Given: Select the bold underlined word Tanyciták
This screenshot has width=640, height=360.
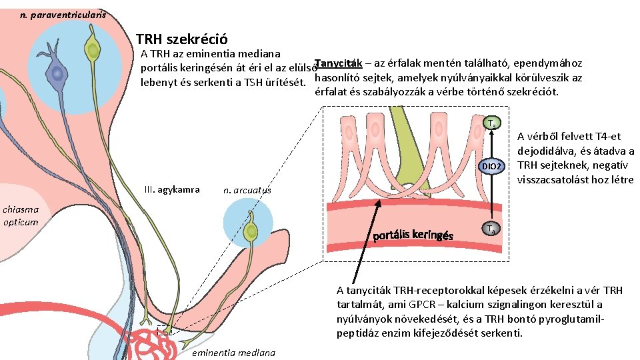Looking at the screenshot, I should (x=337, y=63).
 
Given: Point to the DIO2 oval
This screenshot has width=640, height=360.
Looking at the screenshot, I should (x=493, y=164).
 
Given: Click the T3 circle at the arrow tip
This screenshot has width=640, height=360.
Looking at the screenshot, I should (x=492, y=123).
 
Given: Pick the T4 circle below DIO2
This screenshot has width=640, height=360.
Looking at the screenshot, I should (x=492, y=229).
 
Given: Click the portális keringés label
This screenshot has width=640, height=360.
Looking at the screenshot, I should (x=413, y=235).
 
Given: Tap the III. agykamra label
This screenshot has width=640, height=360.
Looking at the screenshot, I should (x=171, y=189).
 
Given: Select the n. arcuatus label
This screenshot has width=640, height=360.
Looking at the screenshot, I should (x=247, y=190).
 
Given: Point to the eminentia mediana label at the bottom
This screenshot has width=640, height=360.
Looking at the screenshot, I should (x=233, y=353).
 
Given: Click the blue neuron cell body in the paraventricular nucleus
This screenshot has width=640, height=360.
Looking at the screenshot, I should (x=57, y=73).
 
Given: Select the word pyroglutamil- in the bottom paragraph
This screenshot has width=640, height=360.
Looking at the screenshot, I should (x=572, y=319).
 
